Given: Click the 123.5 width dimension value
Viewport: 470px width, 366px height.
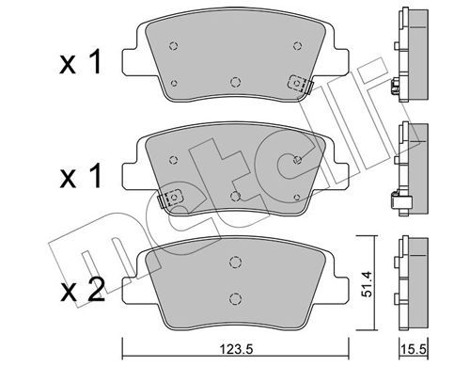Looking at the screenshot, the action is click(x=236, y=349).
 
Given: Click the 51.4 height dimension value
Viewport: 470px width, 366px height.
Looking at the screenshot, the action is click(x=367, y=283).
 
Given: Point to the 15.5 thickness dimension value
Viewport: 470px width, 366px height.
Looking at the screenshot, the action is click(x=414, y=349).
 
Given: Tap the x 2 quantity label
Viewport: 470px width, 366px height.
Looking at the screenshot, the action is click(x=83, y=291).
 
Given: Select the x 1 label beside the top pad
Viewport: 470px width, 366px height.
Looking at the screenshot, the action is click(x=81, y=63).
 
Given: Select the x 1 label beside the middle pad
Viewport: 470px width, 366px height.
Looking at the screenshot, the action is click(x=81, y=177).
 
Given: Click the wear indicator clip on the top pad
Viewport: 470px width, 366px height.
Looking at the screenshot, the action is click(x=300, y=84).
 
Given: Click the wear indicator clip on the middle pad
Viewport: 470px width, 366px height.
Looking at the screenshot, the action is click(x=171, y=199).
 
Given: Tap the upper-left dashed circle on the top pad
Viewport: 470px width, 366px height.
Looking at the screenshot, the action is click(x=173, y=46).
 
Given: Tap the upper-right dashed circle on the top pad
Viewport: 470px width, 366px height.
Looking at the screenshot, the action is click(x=298, y=46).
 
